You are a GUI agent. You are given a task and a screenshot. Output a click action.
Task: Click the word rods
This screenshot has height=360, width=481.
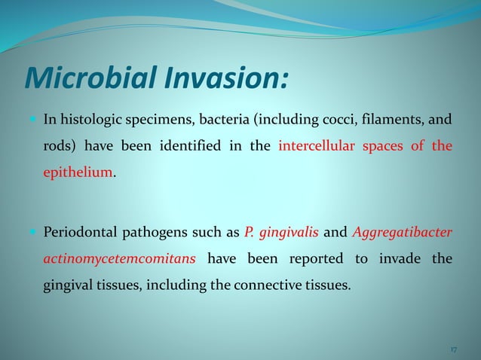(x=54, y=146)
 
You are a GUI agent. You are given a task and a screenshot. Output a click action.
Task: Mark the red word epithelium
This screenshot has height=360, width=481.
(x=77, y=173)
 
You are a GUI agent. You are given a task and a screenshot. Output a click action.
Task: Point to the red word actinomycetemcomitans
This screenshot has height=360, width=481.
(x=119, y=259)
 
